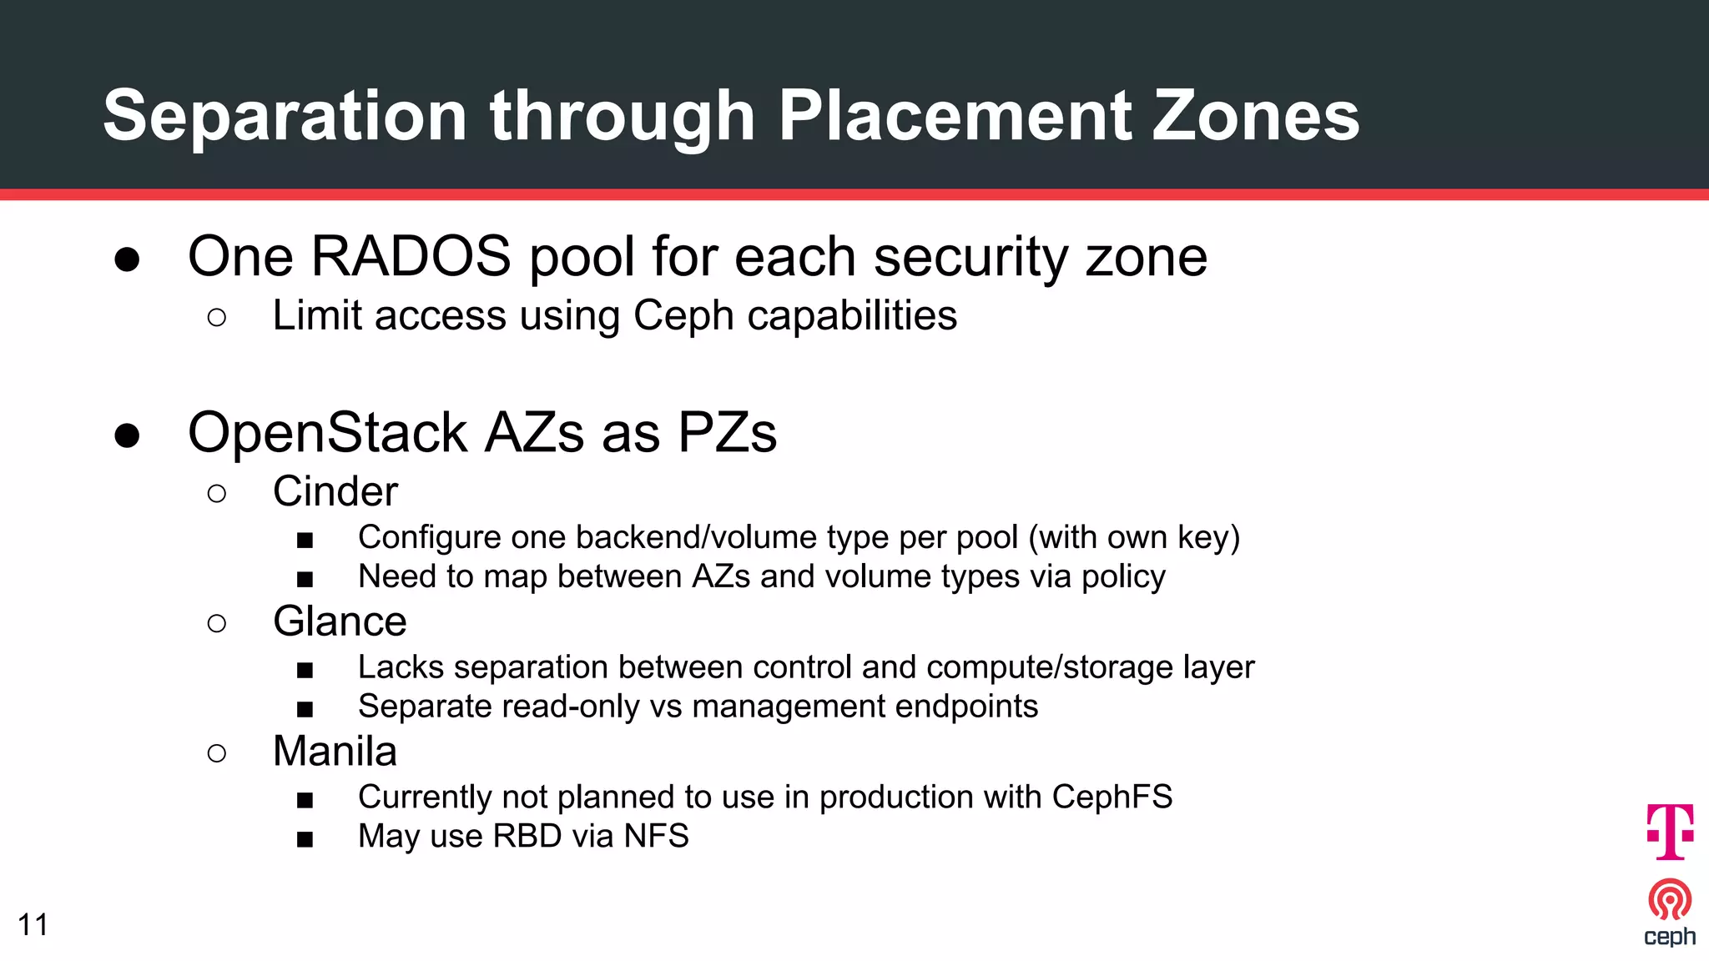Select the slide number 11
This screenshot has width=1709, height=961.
pos(33,924)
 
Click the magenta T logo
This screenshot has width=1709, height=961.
pos(1670,831)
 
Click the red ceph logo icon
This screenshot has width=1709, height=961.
pos(1670,900)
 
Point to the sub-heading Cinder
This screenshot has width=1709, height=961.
pos(335,491)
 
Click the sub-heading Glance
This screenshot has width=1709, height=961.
pos(340,621)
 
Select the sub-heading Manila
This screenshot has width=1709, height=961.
pos(335,751)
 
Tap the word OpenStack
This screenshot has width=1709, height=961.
pos(327,432)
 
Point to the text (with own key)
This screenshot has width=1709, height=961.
pos(1134,537)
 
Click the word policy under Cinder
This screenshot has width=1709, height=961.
pos(1123,576)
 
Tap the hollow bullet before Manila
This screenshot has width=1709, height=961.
pos(216,753)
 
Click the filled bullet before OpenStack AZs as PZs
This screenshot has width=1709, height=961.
pos(127,435)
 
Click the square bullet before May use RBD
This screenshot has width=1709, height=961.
pos(305,838)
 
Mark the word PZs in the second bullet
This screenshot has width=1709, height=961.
pos(727,432)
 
